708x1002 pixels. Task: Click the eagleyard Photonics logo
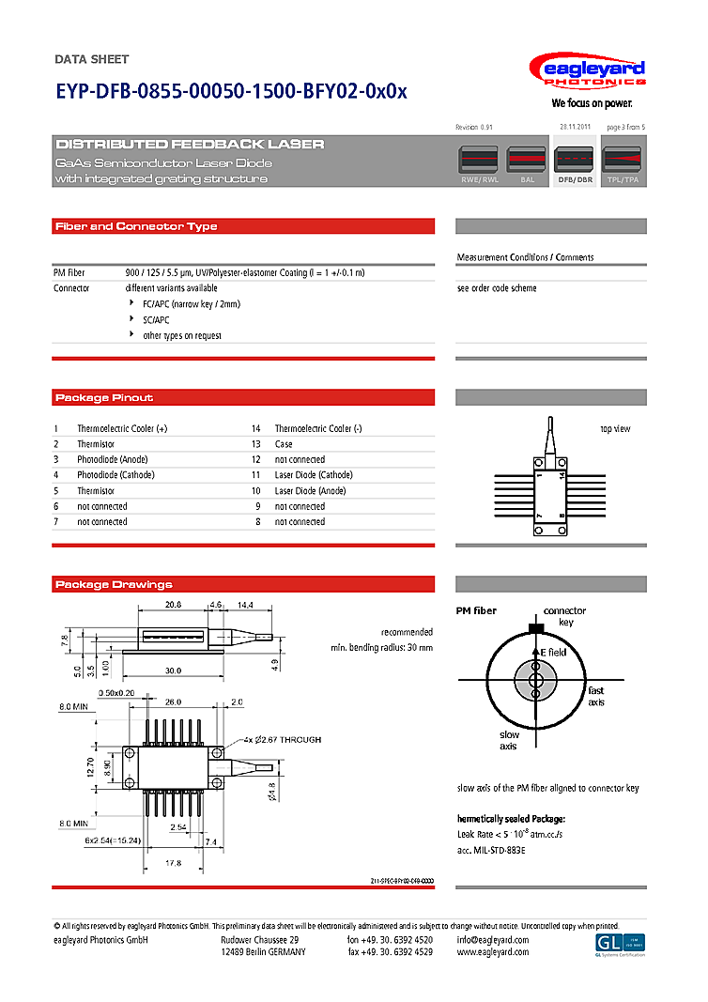587,73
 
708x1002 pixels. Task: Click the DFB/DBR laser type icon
575,164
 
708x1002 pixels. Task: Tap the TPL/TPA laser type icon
622,164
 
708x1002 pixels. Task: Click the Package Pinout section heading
104,397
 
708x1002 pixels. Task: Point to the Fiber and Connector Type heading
136,226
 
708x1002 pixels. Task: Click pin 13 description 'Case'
284,444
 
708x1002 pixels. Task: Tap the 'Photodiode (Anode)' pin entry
112,459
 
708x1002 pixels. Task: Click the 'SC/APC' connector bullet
156,320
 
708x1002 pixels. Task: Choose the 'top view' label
615,429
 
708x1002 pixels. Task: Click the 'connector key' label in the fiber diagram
565,616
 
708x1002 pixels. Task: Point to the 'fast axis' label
596,697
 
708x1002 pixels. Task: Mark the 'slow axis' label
509,740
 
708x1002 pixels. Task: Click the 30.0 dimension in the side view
172,671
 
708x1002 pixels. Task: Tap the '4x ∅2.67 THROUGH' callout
285,740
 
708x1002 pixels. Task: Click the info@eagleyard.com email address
492,940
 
